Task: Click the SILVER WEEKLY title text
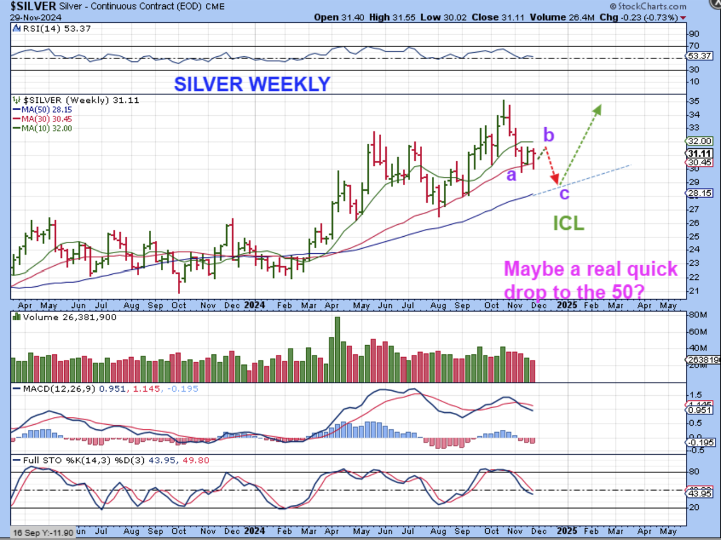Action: pyautogui.click(x=252, y=84)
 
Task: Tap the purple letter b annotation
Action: pyautogui.click(x=548, y=135)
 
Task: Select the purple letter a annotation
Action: pyautogui.click(x=511, y=175)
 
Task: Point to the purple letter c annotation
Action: pyautogui.click(x=564, y=194)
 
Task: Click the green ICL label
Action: pyautogui.click(x=569, y=223)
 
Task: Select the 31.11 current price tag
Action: pyautogui.click(x=698, y=153)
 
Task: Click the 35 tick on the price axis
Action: pyautogui.click(x=694, y=101)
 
